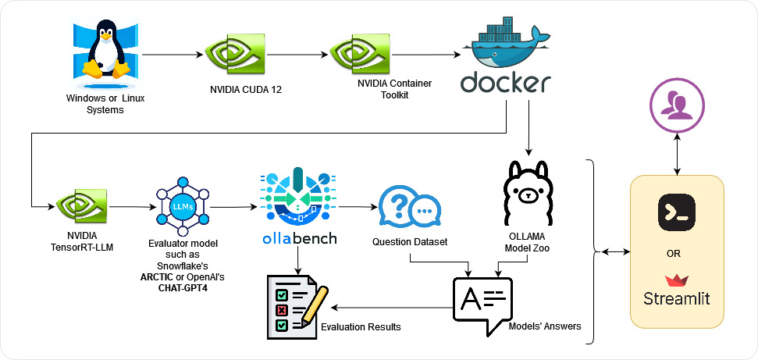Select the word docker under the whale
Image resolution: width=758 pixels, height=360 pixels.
pos(506,83)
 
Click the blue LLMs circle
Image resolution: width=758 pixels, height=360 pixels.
pos(180,206)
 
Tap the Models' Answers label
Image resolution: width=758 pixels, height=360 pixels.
pos(544,326)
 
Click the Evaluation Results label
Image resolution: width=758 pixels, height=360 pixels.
pos(361,326)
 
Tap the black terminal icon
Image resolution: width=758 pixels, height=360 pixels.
pos(677,210)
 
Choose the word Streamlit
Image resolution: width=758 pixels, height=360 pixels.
pos(677,298)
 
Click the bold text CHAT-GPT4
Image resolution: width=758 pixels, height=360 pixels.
pos(181,288)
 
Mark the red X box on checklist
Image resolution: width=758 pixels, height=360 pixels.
pos(279,309)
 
